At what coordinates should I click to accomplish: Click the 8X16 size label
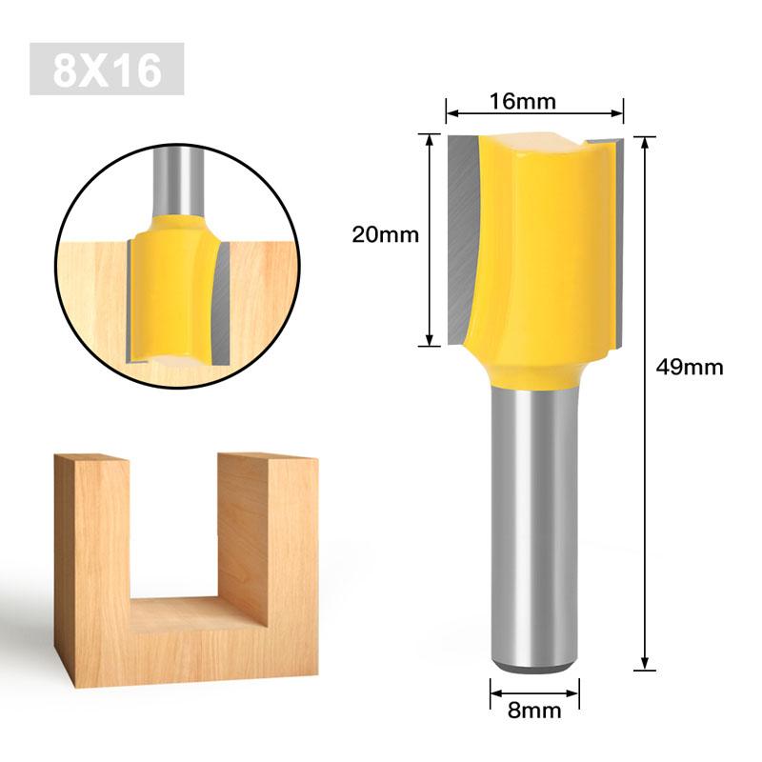[x=107, y=69]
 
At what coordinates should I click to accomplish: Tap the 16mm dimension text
[x=522, y=102]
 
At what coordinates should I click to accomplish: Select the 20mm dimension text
[x=386, y=234]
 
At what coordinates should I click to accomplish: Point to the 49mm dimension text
[x=690, y=367]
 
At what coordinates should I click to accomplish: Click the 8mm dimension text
[x=534, y=711]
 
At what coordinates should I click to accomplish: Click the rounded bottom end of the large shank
[x=534, y=666]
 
